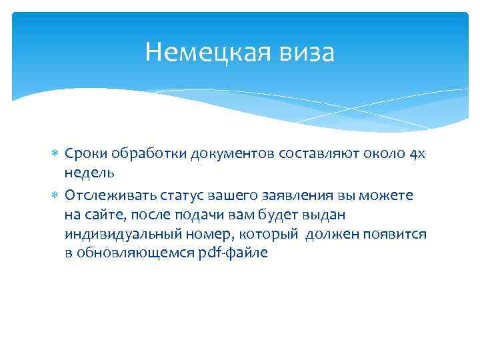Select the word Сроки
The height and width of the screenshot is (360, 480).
tap(84, 154)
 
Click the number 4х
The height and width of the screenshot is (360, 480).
tap(417, 154)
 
